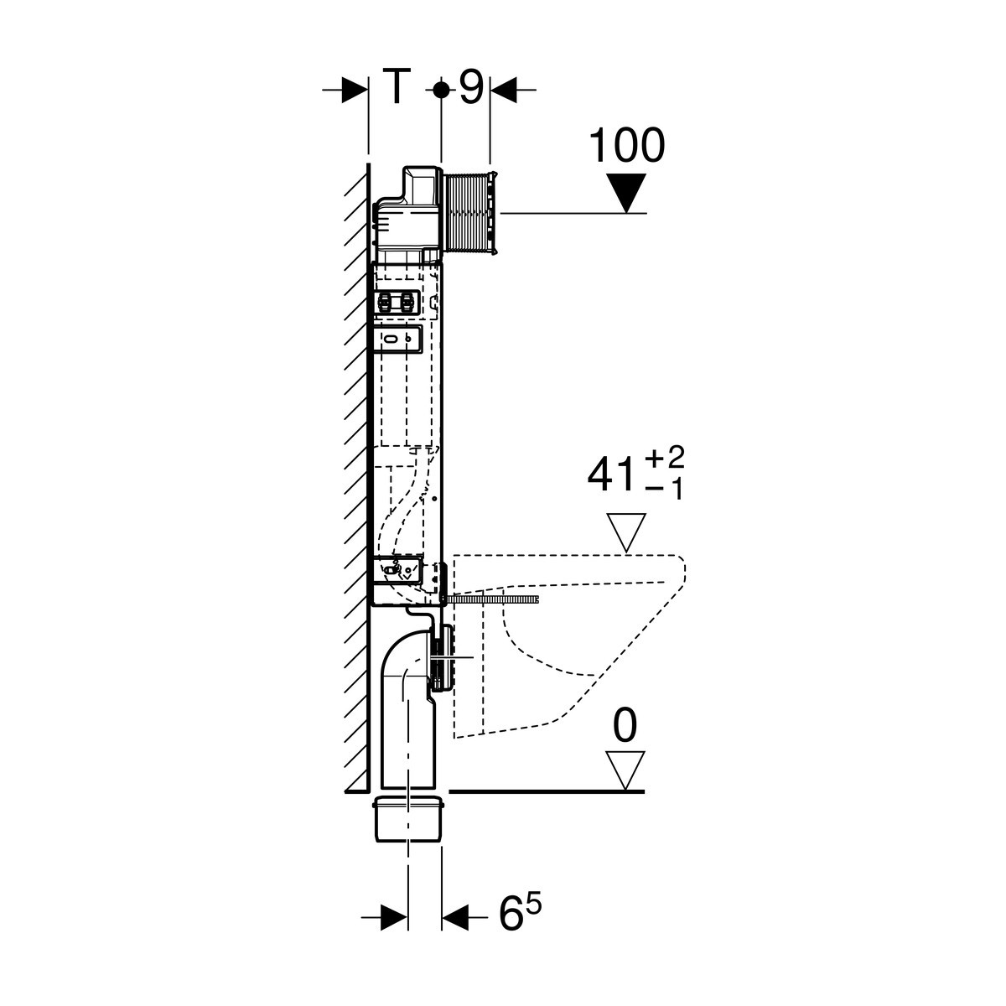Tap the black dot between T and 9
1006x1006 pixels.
point(441,90)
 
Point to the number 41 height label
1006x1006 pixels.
point(613,476)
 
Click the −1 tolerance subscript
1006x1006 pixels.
point(665,489)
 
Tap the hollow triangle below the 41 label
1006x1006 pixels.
point(626,532)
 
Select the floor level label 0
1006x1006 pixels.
point(625,726)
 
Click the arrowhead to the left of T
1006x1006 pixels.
point(355,90)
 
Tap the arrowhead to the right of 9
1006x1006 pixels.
point(503,90)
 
